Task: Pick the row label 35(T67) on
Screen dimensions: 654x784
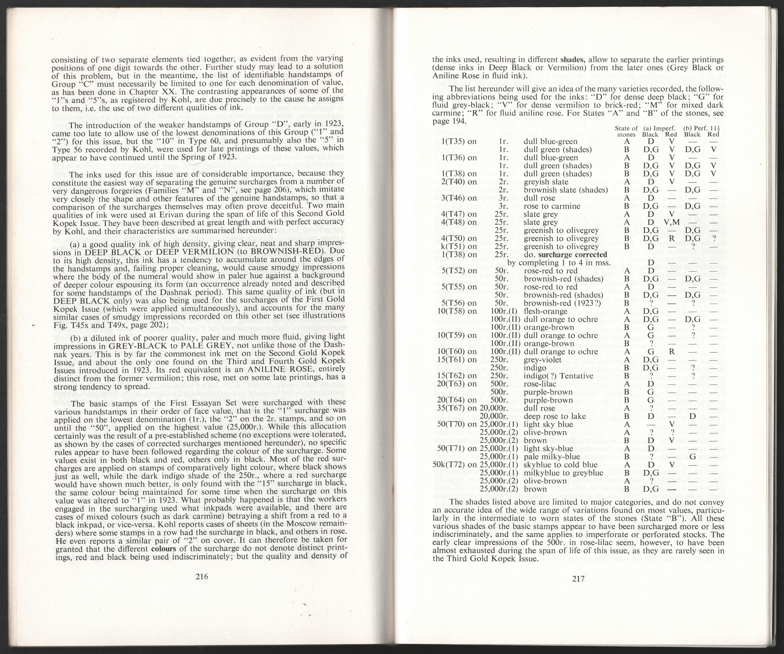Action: [x=458, y=408]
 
